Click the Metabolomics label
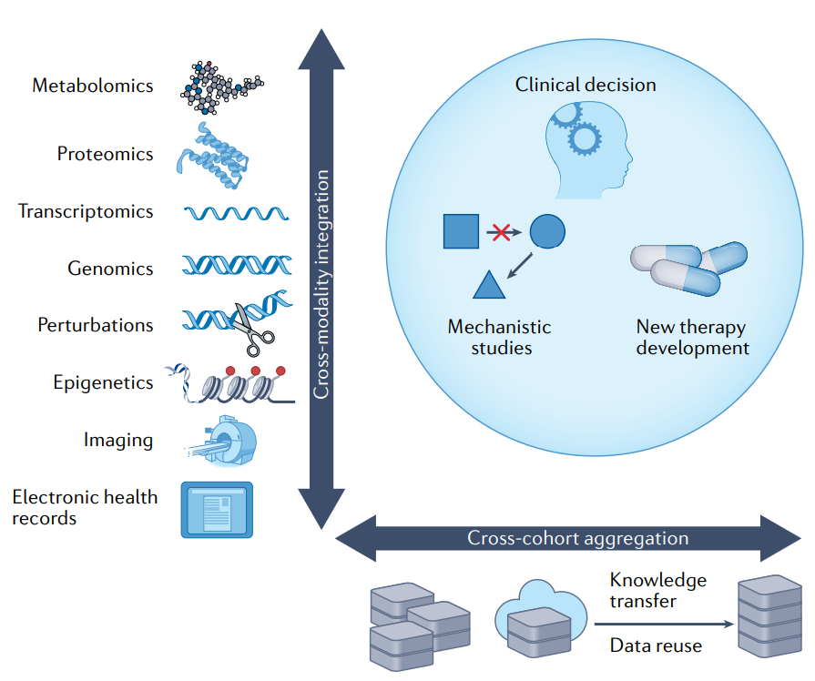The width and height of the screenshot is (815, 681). point(93,86)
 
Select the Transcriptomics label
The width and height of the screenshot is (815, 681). point(86,211)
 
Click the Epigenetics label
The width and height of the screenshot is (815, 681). point(103,382)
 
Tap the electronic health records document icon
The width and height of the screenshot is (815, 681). point(217,509)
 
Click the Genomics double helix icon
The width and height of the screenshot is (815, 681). point(236,266)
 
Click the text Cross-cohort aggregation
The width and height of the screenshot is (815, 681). point(577,538)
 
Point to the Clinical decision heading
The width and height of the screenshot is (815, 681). point(586,85)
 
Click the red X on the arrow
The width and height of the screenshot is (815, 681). point(498,232)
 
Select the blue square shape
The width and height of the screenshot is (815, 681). point(461,231)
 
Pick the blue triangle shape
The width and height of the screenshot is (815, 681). point(489,286)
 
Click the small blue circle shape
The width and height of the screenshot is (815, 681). point(546,231)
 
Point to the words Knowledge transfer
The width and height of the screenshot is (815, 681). point(657,590)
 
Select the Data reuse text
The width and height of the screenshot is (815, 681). point(656,645)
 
